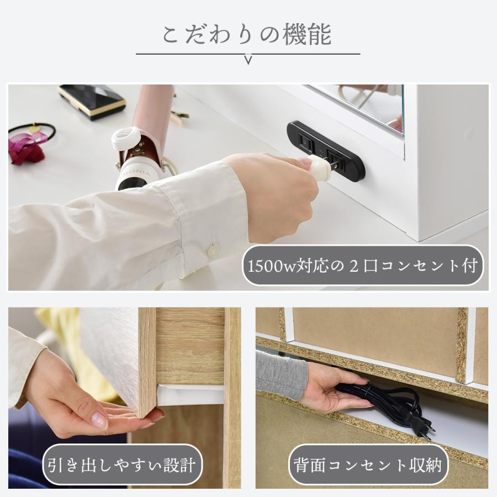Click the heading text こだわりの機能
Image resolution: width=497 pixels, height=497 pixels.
(247, 34)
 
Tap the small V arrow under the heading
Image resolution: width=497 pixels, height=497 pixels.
(248, 60)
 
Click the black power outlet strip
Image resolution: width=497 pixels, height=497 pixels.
(326, 151)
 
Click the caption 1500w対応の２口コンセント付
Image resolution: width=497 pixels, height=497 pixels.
(365, 266)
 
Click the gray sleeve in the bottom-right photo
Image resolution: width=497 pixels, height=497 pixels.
(282, 375)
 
